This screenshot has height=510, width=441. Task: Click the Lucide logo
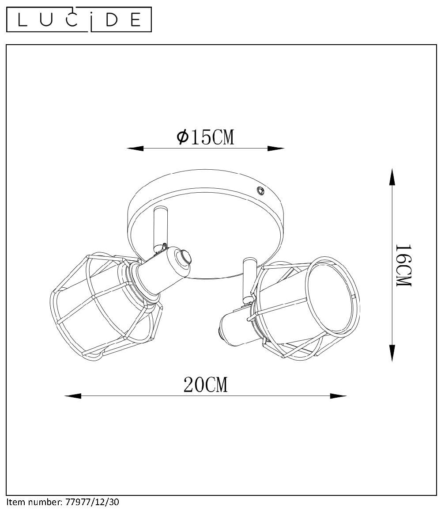(x=79, y=19)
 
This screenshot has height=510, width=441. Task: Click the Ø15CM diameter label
(x=205, y=137)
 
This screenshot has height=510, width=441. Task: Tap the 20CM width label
(x=205, y=385)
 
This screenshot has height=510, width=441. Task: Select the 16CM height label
(x=403, y=265)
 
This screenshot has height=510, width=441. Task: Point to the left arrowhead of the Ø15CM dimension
(x=135, y=148)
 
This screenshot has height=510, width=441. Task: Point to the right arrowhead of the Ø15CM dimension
(x=276, y=148)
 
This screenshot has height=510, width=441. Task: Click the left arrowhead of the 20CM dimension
(x=73, y=396)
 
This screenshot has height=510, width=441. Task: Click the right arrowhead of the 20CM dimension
(x=338, y=396)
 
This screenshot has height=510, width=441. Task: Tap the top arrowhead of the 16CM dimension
(x=392, y=177)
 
